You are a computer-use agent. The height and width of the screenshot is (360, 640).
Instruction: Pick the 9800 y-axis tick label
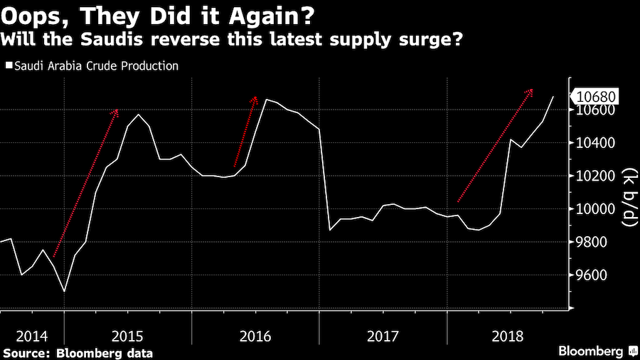(592, 242)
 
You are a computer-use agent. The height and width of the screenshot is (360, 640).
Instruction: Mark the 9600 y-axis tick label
(592, 275)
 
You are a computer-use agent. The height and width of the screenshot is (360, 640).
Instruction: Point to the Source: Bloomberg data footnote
(78, 352)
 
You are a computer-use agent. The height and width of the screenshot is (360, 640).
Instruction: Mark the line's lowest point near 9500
(64, 292)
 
